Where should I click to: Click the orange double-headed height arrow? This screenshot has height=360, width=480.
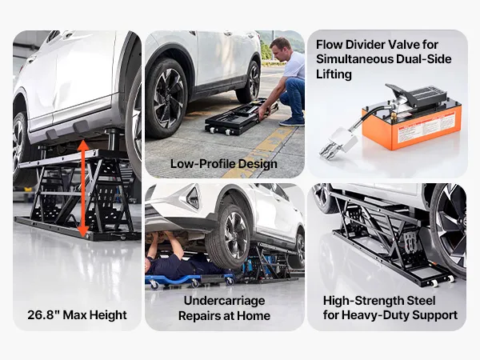point(83,189)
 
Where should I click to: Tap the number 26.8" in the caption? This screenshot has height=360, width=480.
point(43,314)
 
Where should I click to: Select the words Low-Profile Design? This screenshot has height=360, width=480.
point(224,164)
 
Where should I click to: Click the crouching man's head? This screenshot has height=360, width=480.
point(281,47)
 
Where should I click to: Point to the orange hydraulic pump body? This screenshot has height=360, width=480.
point(411,126)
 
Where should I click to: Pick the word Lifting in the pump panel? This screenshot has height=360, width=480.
point(334,74)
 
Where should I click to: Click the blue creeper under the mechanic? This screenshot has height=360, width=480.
point(190,281)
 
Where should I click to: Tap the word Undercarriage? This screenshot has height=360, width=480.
point(224,301)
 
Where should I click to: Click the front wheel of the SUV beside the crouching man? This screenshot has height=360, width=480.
point(168,98)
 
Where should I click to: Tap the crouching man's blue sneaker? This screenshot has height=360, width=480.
point(292,122)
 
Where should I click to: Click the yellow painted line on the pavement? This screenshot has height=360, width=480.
point(262,153)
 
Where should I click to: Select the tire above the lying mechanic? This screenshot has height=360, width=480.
point(228,237)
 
